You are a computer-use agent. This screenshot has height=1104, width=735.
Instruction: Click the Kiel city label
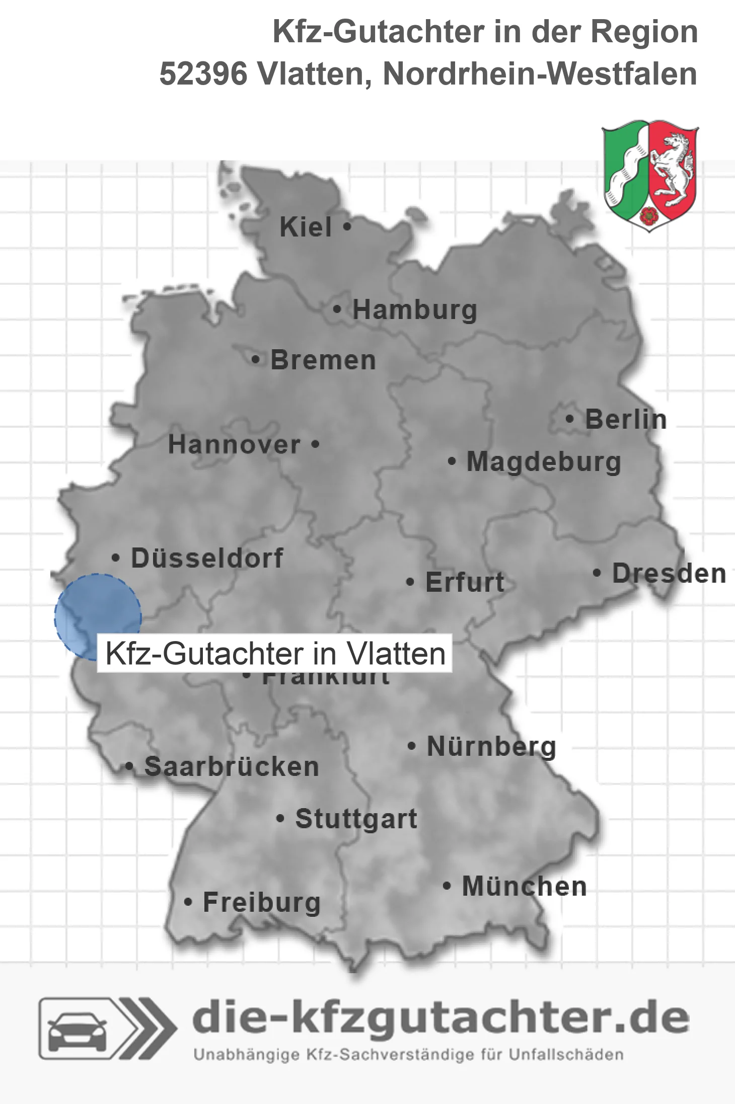point(306,227)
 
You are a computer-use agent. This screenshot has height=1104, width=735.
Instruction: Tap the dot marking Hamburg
point(337,309)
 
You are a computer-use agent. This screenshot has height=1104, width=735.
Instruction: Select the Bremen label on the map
point(323,360)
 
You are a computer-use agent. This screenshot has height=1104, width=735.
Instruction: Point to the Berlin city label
point(626,420)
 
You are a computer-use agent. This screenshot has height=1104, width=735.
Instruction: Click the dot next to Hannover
point(316,444)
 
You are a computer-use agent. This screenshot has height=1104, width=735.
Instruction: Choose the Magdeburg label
point(544,462)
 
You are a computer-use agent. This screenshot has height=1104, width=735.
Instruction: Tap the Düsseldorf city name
point(207,558)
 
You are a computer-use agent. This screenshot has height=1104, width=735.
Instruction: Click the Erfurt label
point(465,582)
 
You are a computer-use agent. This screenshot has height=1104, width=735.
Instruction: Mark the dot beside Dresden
point(597,573)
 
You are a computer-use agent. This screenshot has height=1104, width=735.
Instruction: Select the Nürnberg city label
point(491,746)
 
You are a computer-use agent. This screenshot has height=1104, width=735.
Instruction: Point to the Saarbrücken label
point(232,767)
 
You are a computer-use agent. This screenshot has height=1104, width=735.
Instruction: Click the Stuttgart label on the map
point(356,819)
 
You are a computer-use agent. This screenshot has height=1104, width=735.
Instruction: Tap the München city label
point(524,886)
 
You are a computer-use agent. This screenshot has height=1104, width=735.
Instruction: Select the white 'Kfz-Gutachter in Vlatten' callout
point(275,654)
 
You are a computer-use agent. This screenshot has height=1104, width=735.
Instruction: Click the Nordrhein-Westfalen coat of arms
point(650,176)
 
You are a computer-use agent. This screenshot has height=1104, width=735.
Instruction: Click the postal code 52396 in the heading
point(203,74)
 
